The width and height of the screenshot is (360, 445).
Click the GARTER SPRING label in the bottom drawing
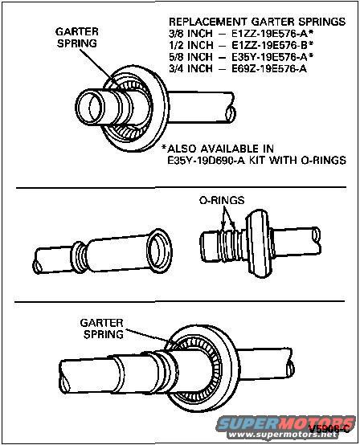click(101, 327)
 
